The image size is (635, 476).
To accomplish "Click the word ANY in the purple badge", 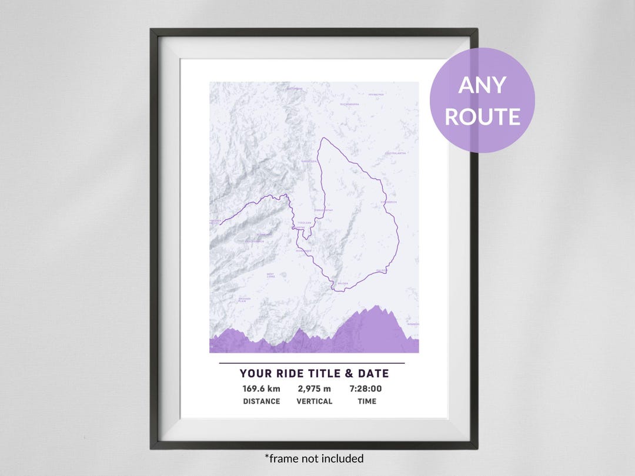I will point(482,86).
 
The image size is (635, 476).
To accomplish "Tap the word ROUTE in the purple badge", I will point(482,116).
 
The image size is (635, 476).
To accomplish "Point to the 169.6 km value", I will point(261,388).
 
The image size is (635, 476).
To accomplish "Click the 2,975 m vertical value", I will point(314,388).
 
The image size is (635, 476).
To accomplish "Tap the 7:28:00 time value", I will point(366,388).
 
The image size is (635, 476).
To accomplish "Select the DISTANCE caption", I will point(261,401).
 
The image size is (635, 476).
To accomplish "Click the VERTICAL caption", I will point(314,401).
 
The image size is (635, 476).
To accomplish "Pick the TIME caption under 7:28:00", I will point(366,401).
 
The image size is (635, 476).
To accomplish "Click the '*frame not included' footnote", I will point(314,458).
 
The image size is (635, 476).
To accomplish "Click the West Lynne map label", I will point(270,274).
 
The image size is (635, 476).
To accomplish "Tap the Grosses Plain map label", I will point(245,299).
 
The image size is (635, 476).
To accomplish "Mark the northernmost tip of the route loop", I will point(322,138).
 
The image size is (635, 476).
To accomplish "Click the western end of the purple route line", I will point(210,222).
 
